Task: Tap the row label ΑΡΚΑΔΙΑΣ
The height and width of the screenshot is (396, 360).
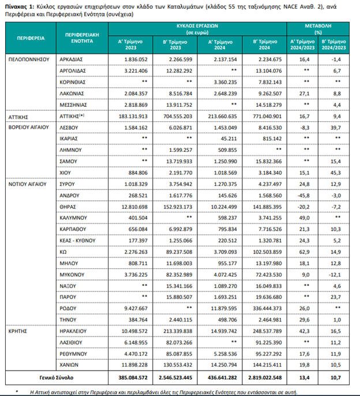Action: (x=72, y=59)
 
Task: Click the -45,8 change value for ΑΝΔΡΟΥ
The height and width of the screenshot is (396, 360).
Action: (x=304, y=196)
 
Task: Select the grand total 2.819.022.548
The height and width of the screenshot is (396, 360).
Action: (x=265, y=378)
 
